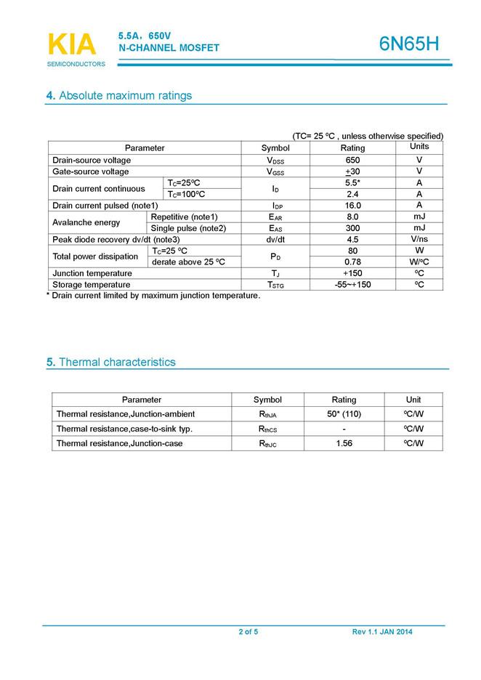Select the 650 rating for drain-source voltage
click(352, 160)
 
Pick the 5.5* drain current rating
click(352, 183)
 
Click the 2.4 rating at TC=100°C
click(352, 194)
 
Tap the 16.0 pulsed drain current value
click(352, 206)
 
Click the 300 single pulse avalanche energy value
click(352, 228)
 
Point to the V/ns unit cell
click(419, 239)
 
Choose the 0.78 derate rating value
click(352, 262)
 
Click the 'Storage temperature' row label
click(92, 285)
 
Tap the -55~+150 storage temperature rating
click(352, 285)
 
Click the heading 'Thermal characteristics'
click(117, 362)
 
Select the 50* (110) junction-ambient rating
click(344, 414)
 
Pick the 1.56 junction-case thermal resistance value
click(344, 443)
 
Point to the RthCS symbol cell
click(267, 429)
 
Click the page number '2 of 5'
click(248, 632)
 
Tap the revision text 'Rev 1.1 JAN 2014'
click(382, 632)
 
